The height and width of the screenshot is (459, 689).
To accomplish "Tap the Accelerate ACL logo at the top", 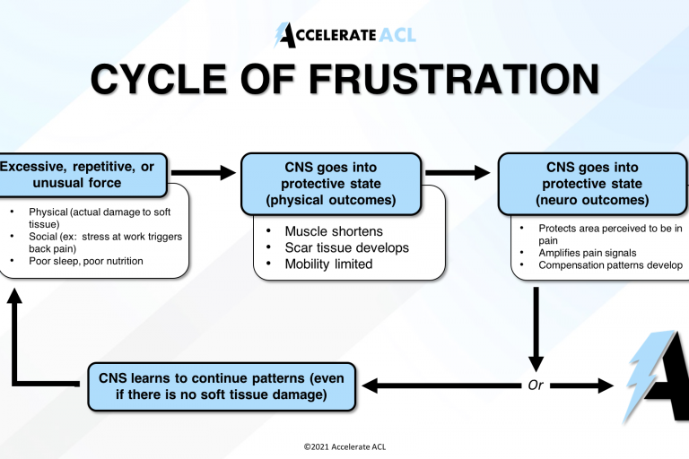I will click(344, 35).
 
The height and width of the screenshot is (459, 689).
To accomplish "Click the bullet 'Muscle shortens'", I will click(333, 230).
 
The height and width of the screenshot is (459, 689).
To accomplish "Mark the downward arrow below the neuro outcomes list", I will click(536, 327).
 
